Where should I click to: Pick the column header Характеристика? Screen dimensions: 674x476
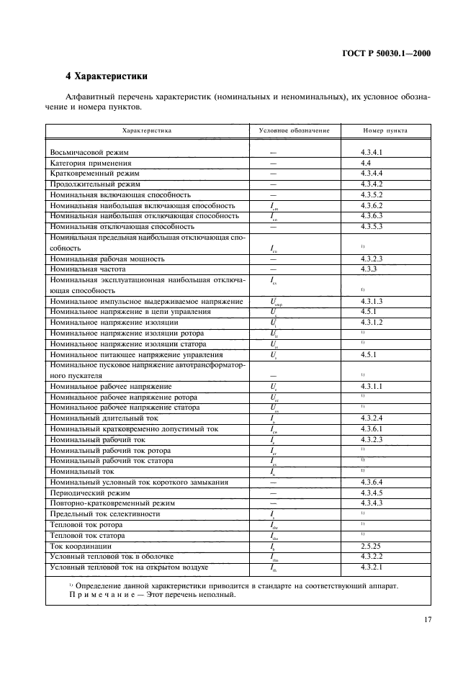[x=147, y=131]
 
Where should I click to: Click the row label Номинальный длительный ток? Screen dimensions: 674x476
[x=104, y=418]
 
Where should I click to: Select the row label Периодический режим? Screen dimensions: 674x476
[x=89, y=493]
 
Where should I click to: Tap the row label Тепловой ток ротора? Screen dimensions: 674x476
[x=87, y=525]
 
